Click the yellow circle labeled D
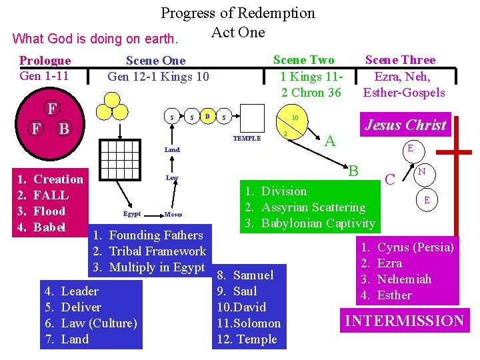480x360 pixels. (207, 117)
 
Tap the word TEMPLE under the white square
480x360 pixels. (247, 139)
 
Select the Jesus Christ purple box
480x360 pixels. (406, 125)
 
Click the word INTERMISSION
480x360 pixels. (404, 321)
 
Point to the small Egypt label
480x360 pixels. (132, 214)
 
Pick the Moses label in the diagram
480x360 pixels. (173, 215)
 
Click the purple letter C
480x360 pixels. (391, 179)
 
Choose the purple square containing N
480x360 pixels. (422, 172)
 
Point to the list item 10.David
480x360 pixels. (241, 307)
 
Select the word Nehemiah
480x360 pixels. (404, 279)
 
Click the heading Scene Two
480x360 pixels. (304, 61)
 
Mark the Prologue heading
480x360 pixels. (45, 61)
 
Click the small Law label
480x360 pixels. (172, 178)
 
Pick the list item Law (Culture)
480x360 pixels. (99, 323)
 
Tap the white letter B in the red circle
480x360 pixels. (64, 128)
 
